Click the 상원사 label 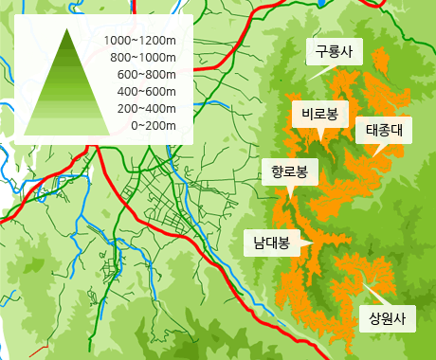(387, 318)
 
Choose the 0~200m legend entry (153, 126)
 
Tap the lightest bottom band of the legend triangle (67, 127)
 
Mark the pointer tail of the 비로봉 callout (322, 135)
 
